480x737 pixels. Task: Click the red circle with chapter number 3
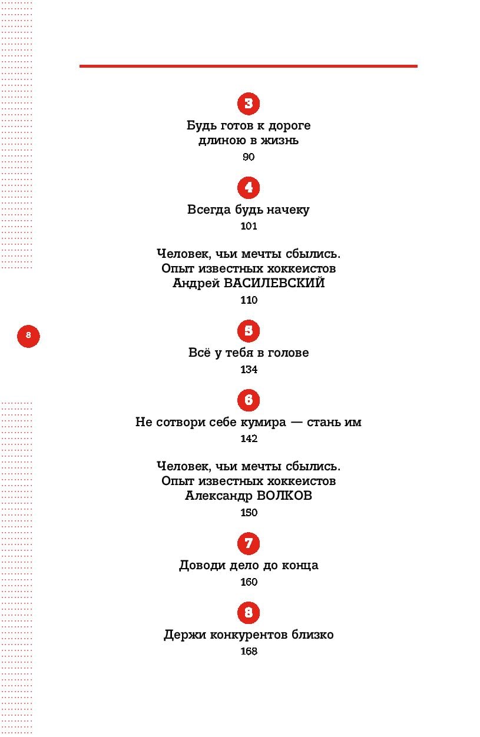coord(249,104)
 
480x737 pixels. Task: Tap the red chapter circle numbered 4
coord(249,188)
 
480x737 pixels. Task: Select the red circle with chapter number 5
coord(249,331)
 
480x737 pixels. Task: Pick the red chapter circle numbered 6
coord(249,400)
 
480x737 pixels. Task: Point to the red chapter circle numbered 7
coord(249,543)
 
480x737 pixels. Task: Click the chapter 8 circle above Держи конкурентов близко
coord(249,613)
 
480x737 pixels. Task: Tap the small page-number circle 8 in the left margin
coord(28,336)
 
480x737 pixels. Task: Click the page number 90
coord(249,157)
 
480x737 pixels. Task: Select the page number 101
coord(249,226)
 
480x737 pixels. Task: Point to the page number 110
coord(249,300)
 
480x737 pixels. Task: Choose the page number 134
coord(249,370)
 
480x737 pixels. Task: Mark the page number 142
coord(249,439)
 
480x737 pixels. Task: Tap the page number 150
coord(249,513)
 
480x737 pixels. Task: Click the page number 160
coord(249,582)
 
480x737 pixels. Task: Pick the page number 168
coord(249,652)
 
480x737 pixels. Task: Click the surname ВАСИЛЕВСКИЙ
coord(274,284)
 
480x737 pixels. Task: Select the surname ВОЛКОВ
coord(285,496)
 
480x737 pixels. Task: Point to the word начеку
coord(287,210)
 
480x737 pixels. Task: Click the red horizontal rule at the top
coord(249,66)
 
